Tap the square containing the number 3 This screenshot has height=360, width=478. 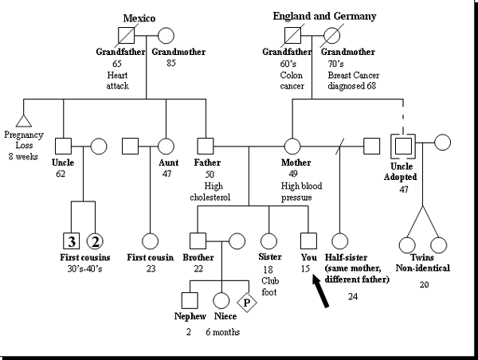tap(71, 241)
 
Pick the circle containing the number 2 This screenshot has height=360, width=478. tap(95, 241)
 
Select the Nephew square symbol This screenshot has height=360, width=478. tap(189, 300)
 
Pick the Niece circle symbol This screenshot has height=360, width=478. tap(221, 300)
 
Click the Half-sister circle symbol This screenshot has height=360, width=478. tap(340, 241)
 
